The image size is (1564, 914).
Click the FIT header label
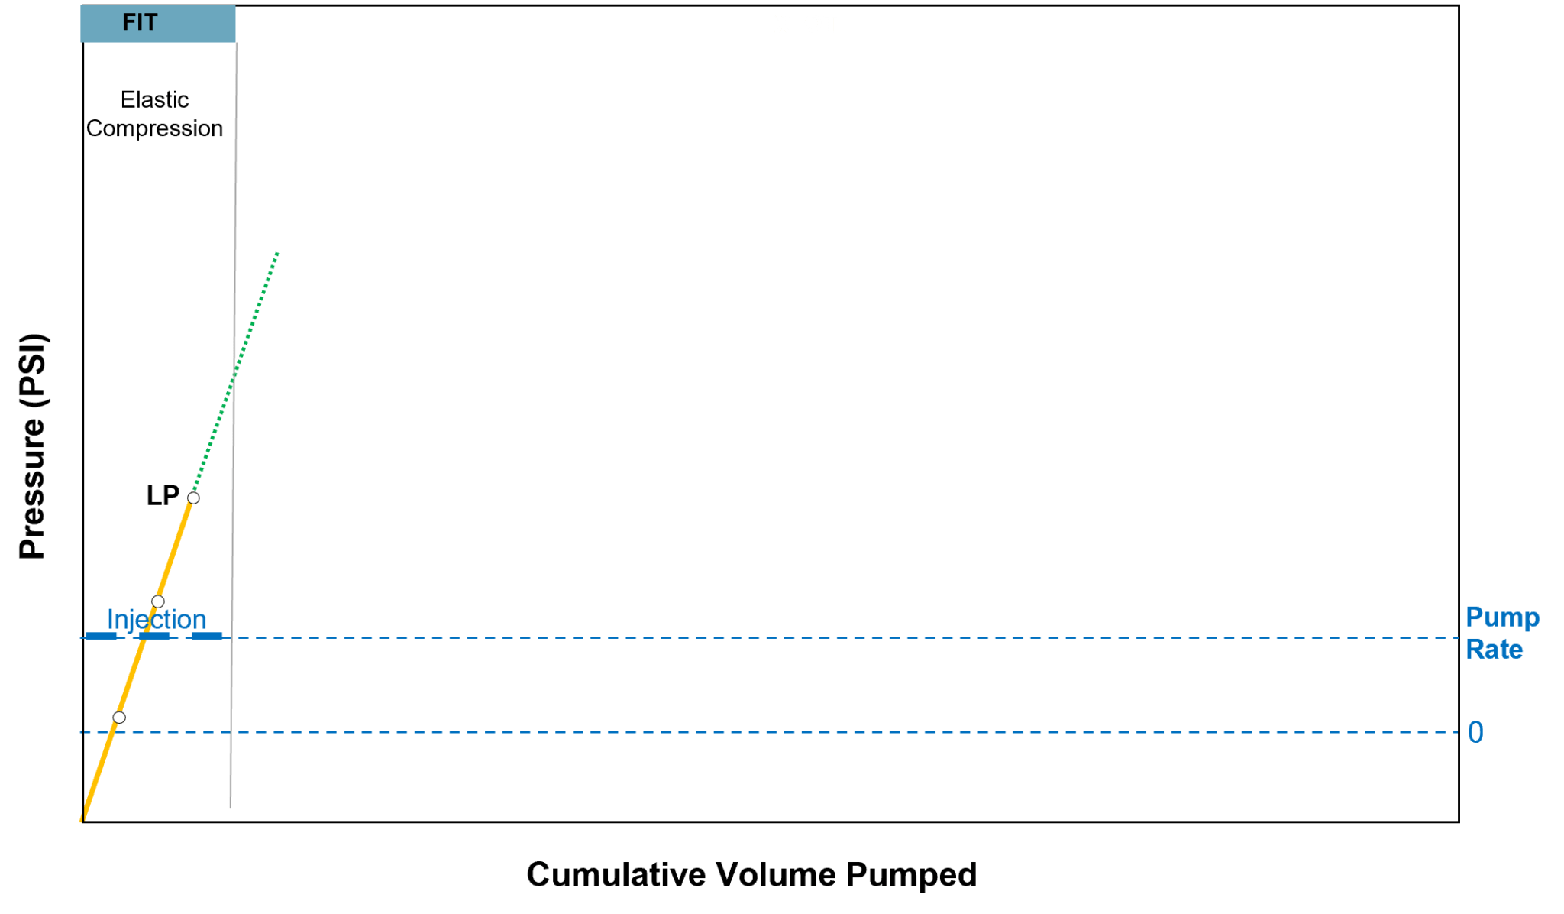[x=141, y=23]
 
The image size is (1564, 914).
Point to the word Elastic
[x=155, y=100]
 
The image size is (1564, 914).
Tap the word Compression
[x=155, y=129]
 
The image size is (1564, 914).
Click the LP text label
[x=163, y=496]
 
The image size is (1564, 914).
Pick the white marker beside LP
[x=194, y=498]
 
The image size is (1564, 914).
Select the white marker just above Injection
[x=158, y=601]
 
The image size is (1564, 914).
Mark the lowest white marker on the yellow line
[x=119, y=718]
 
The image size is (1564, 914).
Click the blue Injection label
[x=157, y=619]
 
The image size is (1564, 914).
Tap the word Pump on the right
[x=1502, y=617]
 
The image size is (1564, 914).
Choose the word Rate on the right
[x=1495, y=650]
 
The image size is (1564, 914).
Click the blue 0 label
[x=1475, y=732]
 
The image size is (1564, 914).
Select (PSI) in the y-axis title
[x=33, y=369]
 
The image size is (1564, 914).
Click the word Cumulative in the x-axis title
[x=615, y=875]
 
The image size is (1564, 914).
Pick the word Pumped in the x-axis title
[x=911, y=875]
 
